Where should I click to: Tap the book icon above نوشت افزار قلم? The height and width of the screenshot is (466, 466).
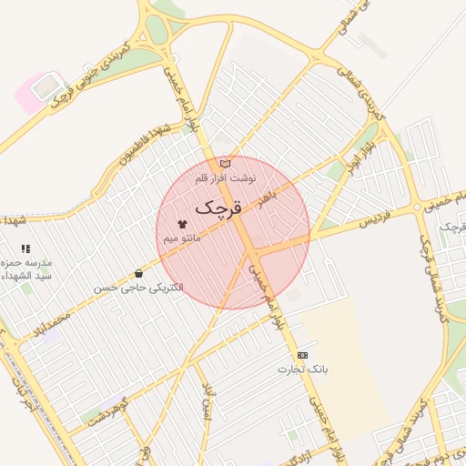(238, 163)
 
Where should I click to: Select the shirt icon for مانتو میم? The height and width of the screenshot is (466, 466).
(182, 222)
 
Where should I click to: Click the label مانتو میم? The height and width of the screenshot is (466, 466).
(182, 238)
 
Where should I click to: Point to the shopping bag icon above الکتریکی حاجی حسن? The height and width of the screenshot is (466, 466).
(138, 272)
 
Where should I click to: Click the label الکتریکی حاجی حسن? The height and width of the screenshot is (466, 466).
(138, 288)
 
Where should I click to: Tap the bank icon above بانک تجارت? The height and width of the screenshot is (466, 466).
(303, 355)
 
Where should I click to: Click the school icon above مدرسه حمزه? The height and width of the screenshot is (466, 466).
(25, 248)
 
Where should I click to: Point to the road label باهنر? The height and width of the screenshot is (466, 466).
(267, 199)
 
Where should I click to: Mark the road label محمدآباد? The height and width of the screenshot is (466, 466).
(47, 325)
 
